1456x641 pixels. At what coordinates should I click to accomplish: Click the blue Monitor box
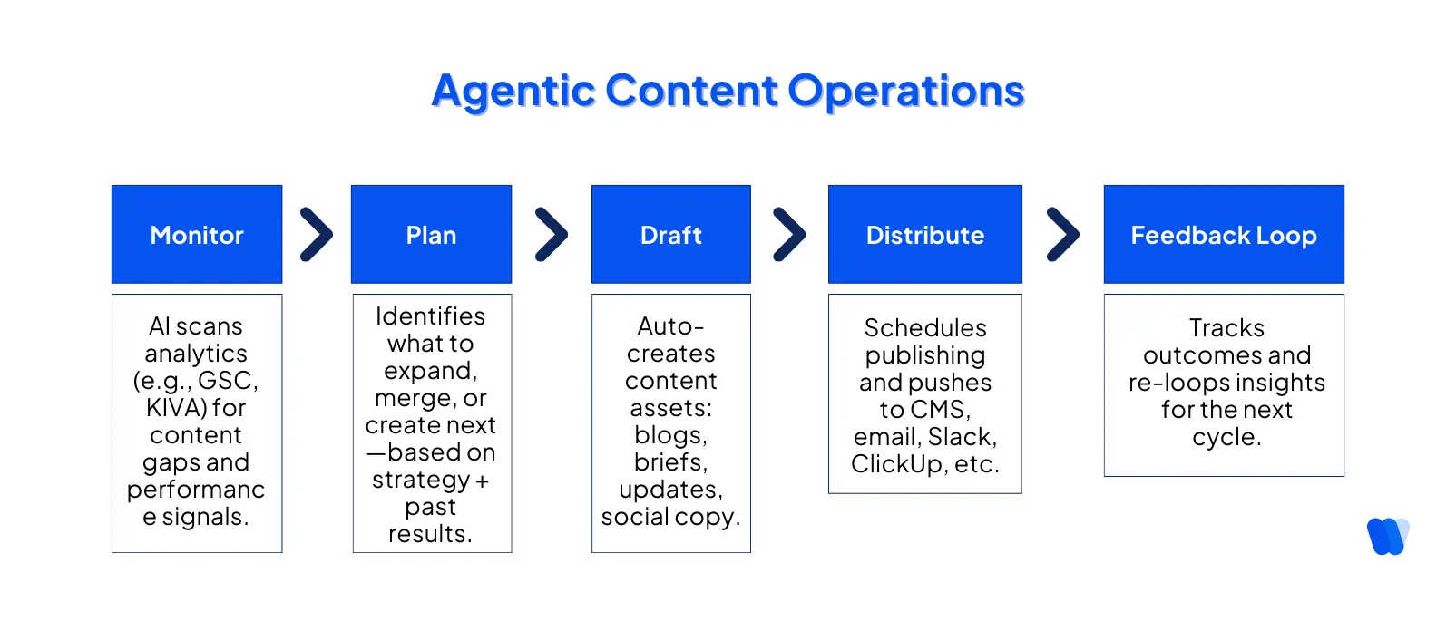(x=197, y=235)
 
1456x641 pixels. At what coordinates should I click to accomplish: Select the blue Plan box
(x=431, y=235)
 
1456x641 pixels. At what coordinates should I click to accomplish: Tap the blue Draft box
(x=670, y=235)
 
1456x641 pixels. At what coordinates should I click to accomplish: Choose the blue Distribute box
(x=924, y=235)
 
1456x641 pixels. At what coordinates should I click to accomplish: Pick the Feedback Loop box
(x=1223, y=235)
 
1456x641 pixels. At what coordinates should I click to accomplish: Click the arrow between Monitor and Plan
(x=317, y=235)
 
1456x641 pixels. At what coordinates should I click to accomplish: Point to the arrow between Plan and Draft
(x=551, y=235)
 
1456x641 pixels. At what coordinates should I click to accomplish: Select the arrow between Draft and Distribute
(x=789, y=235)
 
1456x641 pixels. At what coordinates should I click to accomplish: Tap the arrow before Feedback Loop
(x=1062, y=235)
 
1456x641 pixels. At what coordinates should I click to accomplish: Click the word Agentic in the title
(x=513, y=92)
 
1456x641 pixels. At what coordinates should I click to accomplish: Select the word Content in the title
(x=691, y=92)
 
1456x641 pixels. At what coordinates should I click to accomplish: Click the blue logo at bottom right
(x=1387, y=536)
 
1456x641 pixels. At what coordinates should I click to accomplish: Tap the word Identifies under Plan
(x=430, y=316)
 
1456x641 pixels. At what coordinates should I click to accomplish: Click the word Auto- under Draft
(x=670, y=326)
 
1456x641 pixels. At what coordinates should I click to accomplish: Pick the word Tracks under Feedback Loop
(x=1226, y=328)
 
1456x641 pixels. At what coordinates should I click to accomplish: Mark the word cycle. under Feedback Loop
(x=1226, y=437)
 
